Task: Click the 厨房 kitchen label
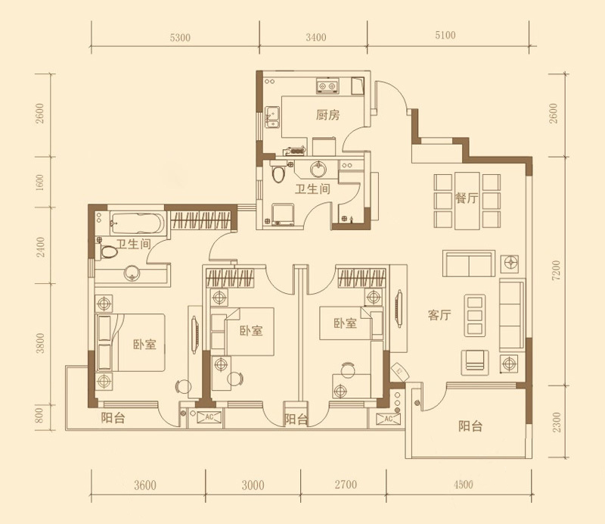point(327,115)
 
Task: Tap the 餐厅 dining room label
point(467,198)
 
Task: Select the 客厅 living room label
point(439,315)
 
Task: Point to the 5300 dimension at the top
point(180,38)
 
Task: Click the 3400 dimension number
point(316,38)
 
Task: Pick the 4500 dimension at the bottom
point(464,484)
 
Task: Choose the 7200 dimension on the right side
point(555,270)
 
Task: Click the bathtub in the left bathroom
point(138,223)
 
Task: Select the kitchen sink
point(272,117)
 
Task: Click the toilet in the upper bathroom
point(278,172)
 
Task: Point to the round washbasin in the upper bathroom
point(318,169)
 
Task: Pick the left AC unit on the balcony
point(209,417)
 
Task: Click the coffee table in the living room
point(475,315)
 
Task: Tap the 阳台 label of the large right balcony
point(470,426)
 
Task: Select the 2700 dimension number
point(346,484)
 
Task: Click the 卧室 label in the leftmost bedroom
point(144,345)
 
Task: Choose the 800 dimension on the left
point(40,415)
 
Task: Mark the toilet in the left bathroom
point(109,251)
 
